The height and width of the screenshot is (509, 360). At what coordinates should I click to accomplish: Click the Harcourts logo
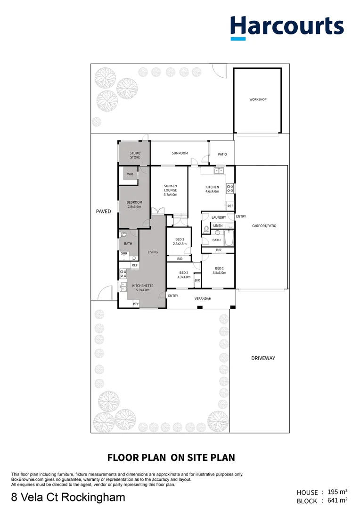[287, 27]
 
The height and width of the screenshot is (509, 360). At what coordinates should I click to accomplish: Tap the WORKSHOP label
[258, 99]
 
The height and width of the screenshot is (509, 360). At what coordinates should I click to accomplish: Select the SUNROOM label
[180, 153]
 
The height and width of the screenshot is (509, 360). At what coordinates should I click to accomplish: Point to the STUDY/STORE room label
[135, 155]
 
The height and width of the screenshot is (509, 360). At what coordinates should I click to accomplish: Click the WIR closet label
[130, 174]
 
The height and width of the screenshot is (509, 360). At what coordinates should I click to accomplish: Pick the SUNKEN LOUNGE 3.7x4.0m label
[170, 190]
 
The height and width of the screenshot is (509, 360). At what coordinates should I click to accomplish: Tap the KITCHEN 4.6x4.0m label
[212, 189]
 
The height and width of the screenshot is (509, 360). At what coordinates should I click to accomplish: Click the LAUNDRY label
[219, 217]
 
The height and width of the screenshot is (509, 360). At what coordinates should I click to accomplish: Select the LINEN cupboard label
[218, 226]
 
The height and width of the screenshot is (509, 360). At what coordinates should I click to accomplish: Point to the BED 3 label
[180, 241]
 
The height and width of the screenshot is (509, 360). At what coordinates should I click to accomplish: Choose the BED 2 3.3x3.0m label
[183, 275]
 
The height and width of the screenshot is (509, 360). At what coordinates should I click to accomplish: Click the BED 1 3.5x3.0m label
[219, 271]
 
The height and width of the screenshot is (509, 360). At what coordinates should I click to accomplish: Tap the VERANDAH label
[203, 299]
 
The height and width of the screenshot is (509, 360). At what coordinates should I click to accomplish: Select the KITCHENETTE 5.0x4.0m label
[140, 288]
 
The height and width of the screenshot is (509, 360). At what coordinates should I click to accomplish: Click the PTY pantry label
[136, 304]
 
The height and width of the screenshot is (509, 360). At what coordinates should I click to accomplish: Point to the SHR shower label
[124, 253]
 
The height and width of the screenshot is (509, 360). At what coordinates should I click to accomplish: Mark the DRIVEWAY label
[263, 358]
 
